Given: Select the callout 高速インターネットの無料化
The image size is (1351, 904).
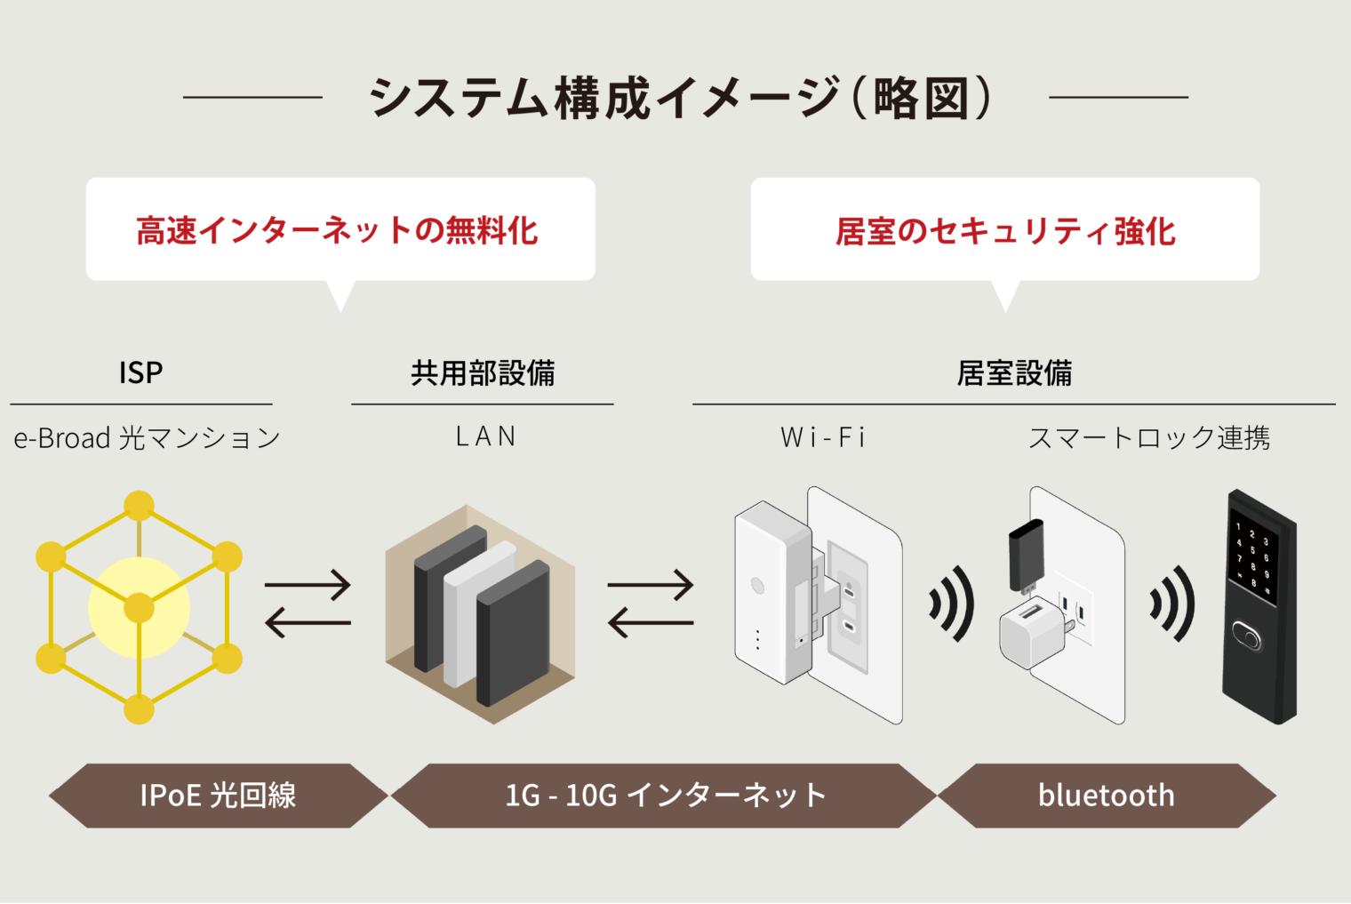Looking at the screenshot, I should pyautogui.click(x=338, y=231).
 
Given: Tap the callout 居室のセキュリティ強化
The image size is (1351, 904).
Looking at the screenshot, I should pyautogui.click(x=1005, y=231).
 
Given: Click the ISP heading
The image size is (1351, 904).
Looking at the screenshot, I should pyautogui.click(x=140, y=372).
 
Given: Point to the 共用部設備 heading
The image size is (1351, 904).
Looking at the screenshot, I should pyautogui.click(x=483, y=372).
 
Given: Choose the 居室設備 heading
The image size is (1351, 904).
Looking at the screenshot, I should pyautogui.click(x=1014, y=372).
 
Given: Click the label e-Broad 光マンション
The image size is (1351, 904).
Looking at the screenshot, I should pyautogui.click(x=147, y=437).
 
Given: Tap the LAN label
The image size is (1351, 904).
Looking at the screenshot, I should pyautogui.click(x=485, y=436).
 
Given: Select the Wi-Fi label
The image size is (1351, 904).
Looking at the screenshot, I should pyautogui.click(x=822, y=437).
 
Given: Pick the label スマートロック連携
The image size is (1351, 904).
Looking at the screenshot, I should pyautogui.click(x=1149, y=437).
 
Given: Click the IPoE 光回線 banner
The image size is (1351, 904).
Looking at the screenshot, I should pyautogui.click(x=218, y=795).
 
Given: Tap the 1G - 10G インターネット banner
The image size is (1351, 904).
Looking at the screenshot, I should pyautogui.click(x=665, y=795).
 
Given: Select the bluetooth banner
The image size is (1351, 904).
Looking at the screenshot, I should pyautogui.click(x=1106, y=795).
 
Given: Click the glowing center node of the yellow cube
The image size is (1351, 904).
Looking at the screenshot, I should pyautogui.click(x=139, y=608).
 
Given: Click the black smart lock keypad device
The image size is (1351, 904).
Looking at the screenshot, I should pyautogui.click(x=1259, y=604).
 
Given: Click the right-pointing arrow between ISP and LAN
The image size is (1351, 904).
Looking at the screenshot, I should pyautogui.click(x=308, y=585).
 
